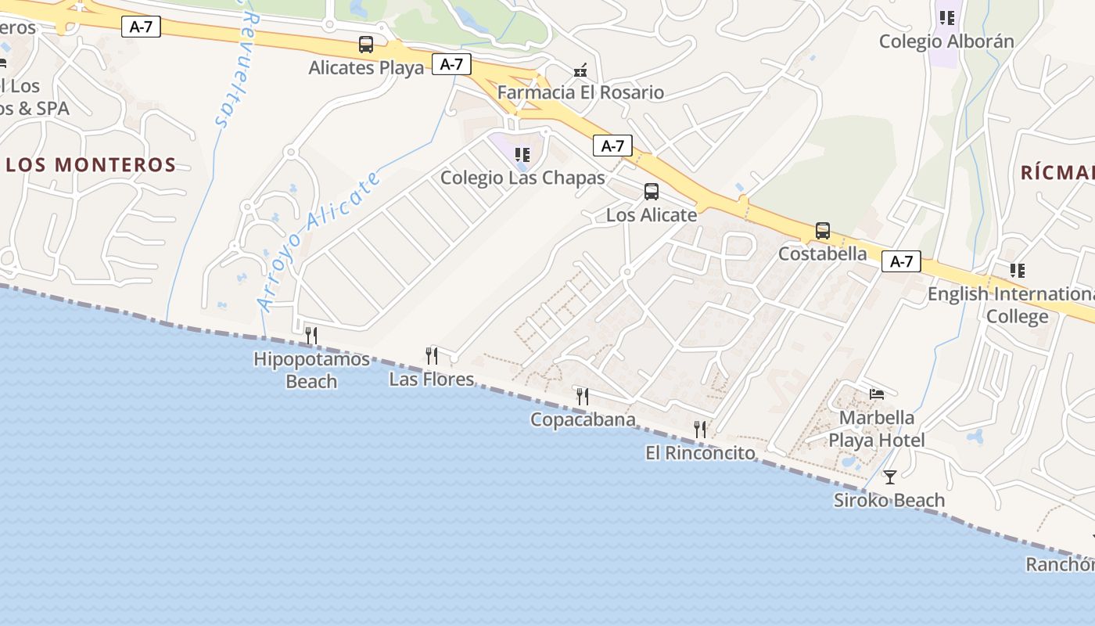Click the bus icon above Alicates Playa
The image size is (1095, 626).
pyautogui.click(x=366, y=45)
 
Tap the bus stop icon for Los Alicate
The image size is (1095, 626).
pyautogui.click(x=651, y=192)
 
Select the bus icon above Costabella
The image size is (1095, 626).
pyautogui.click(x=823, y=231)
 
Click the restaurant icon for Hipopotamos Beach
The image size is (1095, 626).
pyautogui.click(x=311, y=336)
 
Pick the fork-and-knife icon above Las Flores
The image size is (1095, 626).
pyautogui.click(x=432, y=356)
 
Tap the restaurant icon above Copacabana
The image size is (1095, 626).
pyautogui.click(x=582, y=397)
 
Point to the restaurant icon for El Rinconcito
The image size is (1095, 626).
pyautogui.click(x=700, y=430)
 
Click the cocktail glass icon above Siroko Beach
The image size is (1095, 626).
pyautogui.click(x=889, y=477)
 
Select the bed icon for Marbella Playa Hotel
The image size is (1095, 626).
pyautogui.click(x=877, y=394)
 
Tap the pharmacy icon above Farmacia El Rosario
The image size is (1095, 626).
pyautogui.click(x=580, y=70)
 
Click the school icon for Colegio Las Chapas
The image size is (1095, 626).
pyautogui.click(x=522, y=155)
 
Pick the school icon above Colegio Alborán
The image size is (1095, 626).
pyautogui.click(x=947, y=18)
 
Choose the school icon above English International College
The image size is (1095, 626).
pyautogui.click(x=1017, y=271)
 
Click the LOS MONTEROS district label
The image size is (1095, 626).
pyautogui.click(x=91, y=165)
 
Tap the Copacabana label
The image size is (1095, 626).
pyautogui.click(x=583, y=419)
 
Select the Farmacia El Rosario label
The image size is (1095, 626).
pyautogui.click(x=580, y=92)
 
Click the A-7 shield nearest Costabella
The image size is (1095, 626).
pyautogui.click(x=901, y=261)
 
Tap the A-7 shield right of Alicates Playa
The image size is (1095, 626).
pyautogui.click(x=451, y=64)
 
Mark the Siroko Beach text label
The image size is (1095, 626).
pyautogui.click(x=889, y=500)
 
